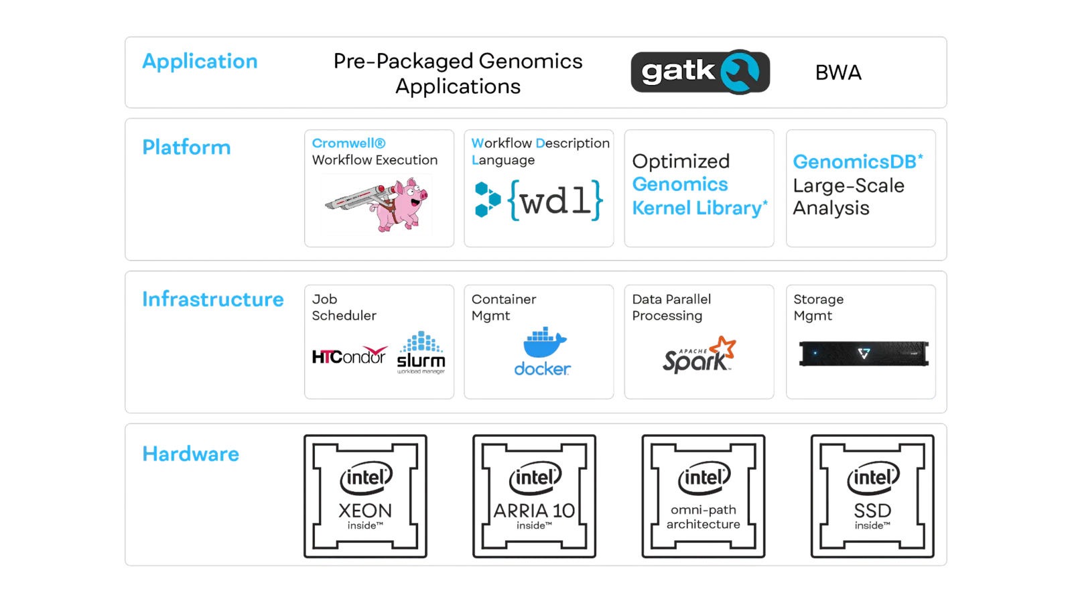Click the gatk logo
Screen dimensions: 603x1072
coord(699,72)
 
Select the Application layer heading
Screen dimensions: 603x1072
coord(200,62)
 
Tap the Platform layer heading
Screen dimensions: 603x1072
coord(186,147)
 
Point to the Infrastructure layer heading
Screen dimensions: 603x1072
coord(213,299)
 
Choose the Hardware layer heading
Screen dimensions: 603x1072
coord(190,454)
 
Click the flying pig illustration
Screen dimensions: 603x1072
coord(377,204)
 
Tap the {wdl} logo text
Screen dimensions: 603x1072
coord(556,200)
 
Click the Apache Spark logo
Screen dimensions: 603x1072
coord(699,355)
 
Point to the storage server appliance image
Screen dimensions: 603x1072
coord(864,353)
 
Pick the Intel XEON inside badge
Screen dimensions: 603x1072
coord(365,496)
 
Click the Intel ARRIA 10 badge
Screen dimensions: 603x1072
coord(534,496)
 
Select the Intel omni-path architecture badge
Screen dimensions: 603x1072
coord(703,496)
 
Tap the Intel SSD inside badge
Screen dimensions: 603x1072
coord(872,496)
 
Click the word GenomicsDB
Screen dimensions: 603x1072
coord(854,162)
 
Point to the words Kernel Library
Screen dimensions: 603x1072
coord(697,208)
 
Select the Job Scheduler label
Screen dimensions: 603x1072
coord(344,308)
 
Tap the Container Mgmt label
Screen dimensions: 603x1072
coord(504,308)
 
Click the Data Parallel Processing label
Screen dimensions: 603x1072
coord(671,308)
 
